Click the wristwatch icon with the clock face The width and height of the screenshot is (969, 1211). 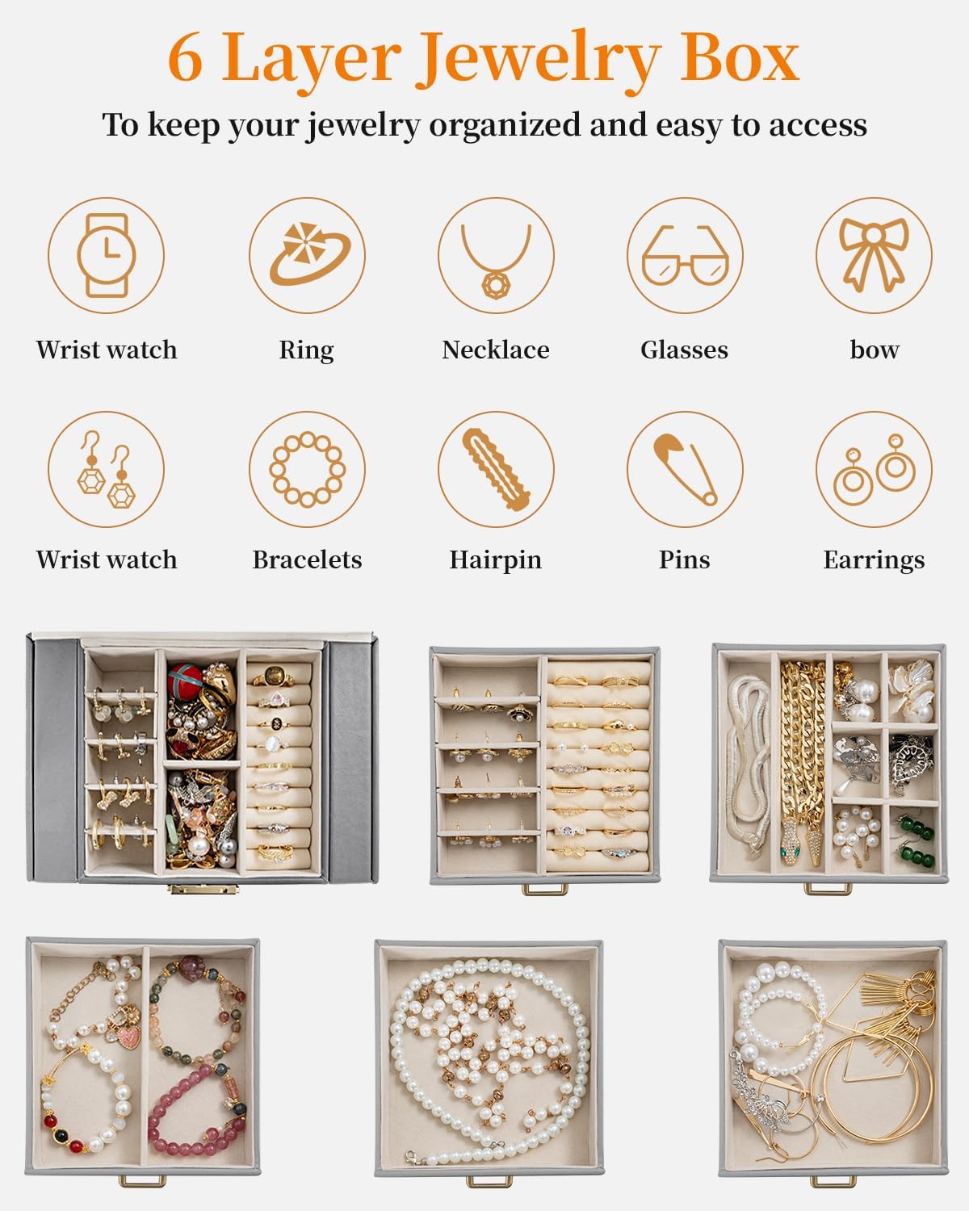(x=106, y=255)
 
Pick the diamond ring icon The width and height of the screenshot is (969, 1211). (x=309, y=254)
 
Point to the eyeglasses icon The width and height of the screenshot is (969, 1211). (x=686, y=255)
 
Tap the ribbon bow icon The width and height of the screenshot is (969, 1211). (x=874, y=254)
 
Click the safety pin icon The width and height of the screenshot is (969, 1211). (x=686, y=469)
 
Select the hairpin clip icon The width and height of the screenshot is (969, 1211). (x=496, y=469)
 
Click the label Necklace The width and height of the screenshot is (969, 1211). (x=496, y=350)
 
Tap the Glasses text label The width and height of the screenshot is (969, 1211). (x=684, y=350)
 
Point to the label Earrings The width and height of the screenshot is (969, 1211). (x=874, y=560)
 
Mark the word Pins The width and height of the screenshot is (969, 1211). (x=685, y=560)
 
